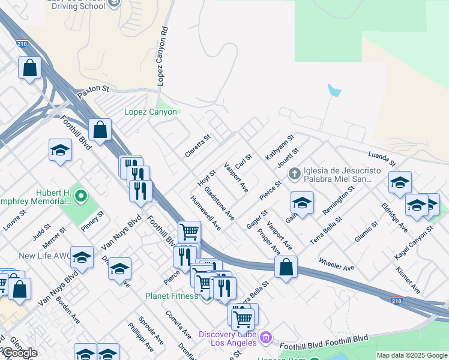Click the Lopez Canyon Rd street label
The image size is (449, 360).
tap(162, 56)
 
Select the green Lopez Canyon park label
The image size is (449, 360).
tap(151, 112)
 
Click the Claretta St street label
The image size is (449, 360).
tap(197, 146)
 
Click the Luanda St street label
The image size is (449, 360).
tap(382, 159)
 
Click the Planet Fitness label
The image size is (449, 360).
tap(171, 296)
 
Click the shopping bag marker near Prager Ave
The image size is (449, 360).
tap(286, 267)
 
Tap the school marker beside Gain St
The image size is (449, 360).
tap(302, 203)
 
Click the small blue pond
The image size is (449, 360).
tap(334, 91)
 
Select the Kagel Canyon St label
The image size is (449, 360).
tap(414, 242)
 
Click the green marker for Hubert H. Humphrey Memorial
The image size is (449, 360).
tap(82, 196)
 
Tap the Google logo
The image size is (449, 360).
tap(20, 352)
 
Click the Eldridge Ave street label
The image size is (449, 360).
tap(394, 217)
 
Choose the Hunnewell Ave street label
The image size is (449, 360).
tap(205, 212)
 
